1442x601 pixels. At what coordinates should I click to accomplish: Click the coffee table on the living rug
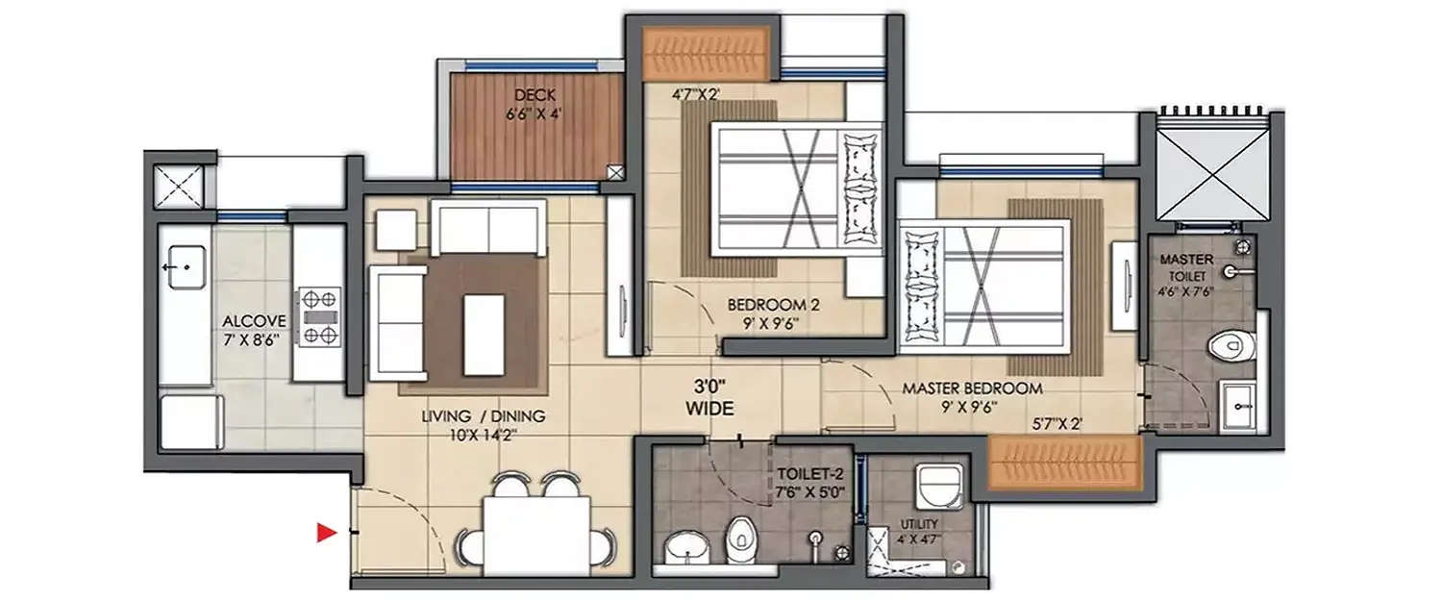tap(484, 335)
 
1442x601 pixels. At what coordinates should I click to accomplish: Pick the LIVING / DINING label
tap(483, 416)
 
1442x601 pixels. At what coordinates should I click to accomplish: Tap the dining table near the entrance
tap(535, 536)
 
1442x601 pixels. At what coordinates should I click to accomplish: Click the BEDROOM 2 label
tap(773, 305)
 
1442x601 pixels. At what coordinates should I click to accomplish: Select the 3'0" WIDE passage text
tap(709, 398)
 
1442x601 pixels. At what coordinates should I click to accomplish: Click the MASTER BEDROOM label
tap(972, 389)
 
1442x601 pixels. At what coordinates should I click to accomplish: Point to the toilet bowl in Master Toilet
tap(1230, 343)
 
